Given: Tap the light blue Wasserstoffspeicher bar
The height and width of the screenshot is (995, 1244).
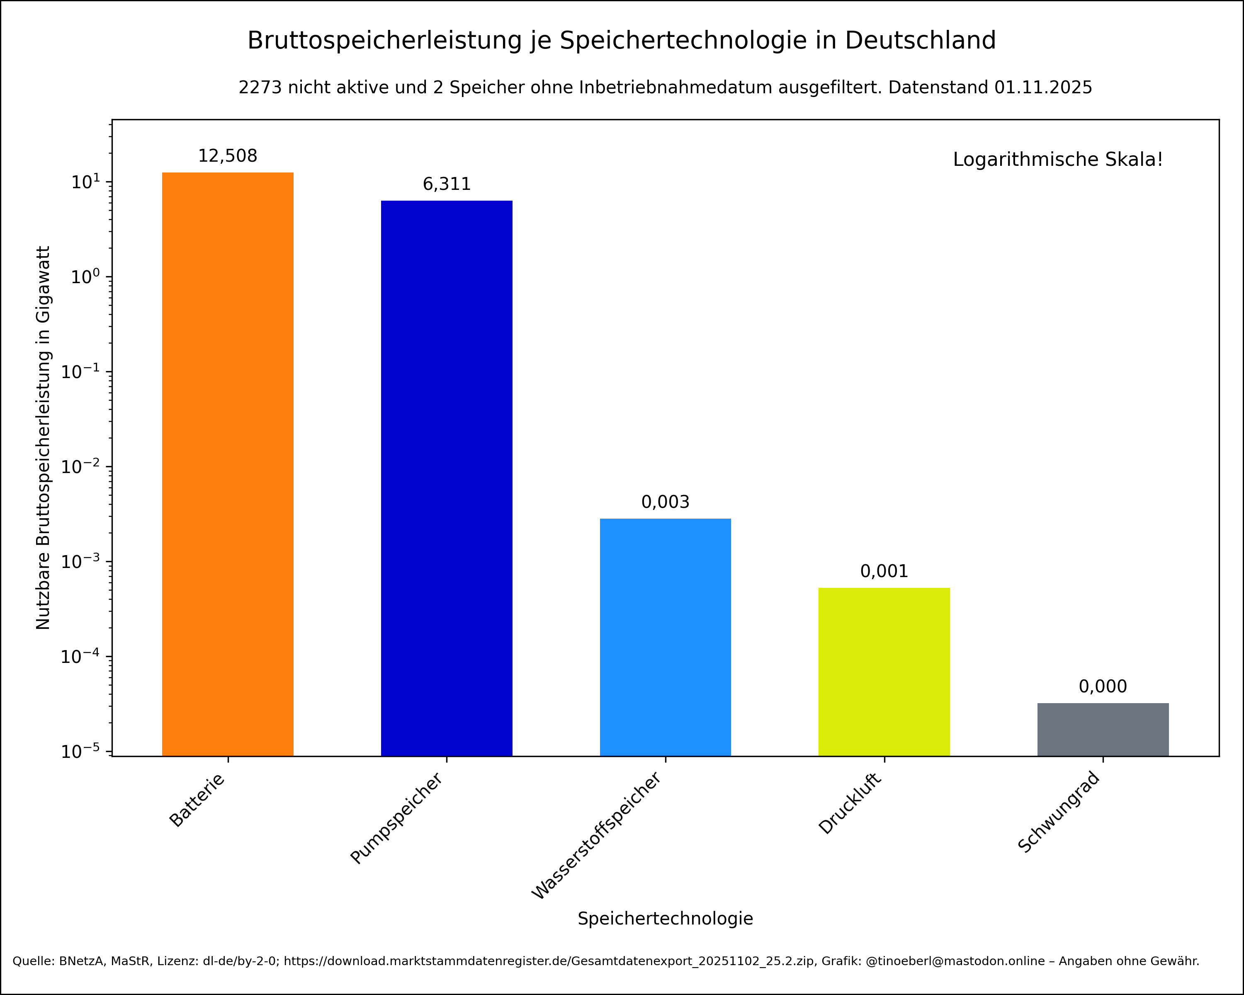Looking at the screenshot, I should (x=665, y=637).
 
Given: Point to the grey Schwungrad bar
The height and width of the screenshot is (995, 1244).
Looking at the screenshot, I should (x=1103, y=729).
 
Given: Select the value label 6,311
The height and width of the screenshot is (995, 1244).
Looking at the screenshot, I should (x=447, y=184).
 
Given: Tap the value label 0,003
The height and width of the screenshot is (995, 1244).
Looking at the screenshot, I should (x=665, y=502).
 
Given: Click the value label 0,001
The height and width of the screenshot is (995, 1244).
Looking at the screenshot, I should (x=884, y=571).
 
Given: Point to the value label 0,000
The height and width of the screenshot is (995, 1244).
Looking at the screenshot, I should (x=1103, y=687).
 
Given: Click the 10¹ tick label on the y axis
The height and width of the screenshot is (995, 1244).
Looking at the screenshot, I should (x=85, y=182).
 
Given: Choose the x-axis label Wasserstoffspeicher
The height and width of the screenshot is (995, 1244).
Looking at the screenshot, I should (x=597, y=836).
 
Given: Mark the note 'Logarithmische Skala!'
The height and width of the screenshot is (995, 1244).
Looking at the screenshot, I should (x=1058, y=160).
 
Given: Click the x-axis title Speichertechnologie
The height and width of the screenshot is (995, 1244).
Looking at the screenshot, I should (x=665, y=918).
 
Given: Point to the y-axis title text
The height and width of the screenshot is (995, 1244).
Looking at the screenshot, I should (x=43, y=438).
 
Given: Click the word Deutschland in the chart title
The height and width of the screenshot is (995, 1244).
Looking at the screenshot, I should (x=920, y=40).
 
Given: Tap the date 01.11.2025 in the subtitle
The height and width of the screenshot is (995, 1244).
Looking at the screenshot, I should (x=1043, y=87).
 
